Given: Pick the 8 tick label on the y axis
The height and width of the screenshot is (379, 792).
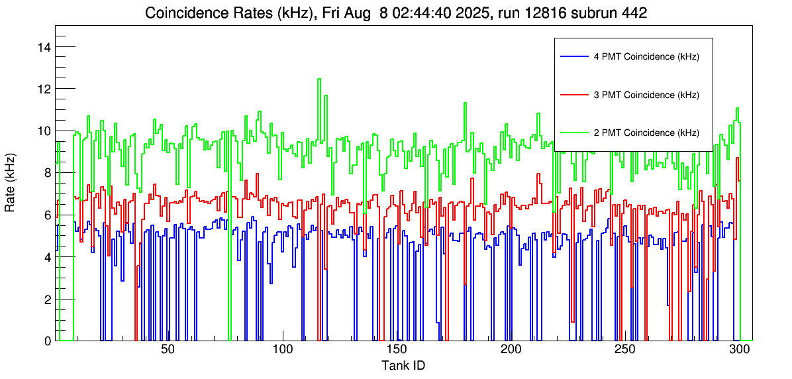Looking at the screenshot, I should [46, 173].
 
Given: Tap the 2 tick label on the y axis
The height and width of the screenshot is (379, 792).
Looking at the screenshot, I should [46, 299].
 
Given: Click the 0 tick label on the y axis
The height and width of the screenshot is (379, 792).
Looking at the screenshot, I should [46, 341].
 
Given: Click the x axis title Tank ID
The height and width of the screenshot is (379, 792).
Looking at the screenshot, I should [403, 366].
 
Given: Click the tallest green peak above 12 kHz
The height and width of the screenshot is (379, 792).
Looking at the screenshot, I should [319, 80].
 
